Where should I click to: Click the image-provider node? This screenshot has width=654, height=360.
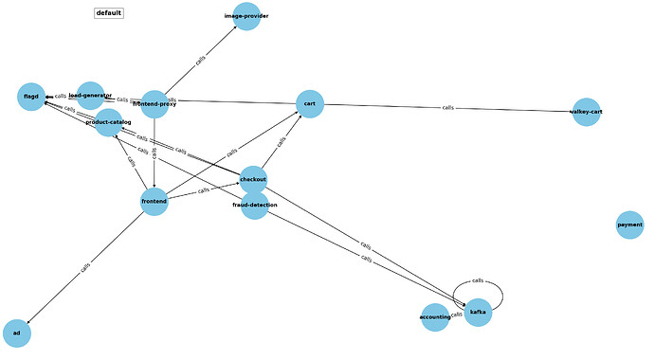pyautogui.click(x=246, y=17)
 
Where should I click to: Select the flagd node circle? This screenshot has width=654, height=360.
pyautogui.click(x=31, y=97)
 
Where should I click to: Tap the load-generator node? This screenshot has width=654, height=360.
pyautogui.click(x=90, y=95)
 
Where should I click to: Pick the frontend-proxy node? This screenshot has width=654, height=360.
pyautogui.click(x=154, y=104)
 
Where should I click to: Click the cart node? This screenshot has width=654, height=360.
pyautogui.click(x=310, y=104)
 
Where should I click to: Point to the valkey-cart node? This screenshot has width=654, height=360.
pyautogui.click(x=586, y=112)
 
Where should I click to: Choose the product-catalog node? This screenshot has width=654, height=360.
pyautogui.click(x=108, y=122)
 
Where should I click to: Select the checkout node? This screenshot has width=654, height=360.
pyautogui.click(x=253, y=180)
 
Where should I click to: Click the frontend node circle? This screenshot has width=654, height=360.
pyautogui.click(x=154, y=202)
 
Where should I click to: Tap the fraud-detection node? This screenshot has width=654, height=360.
pyautogui.click(x=254, y=206)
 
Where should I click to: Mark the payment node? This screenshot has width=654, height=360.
pyautogui.click(x=629, y=225)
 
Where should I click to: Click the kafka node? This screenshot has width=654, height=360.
pyautogui.click(x=478, y=312)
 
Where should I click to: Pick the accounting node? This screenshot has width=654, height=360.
pyautogui.click(x=435, y=317)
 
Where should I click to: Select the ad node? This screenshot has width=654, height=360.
pyautogui.click(x=17, y=333)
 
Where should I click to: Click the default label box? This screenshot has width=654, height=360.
pyautogui.click(x=109, y=13)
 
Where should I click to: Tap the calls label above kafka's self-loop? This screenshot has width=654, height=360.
pyautogui.click(x=478, y=280)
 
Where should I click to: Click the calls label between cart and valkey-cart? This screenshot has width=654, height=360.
pyautogui.click(x=447, y=108)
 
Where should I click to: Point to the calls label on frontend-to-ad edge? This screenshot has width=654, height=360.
pyautogui.click(x=85, y=267)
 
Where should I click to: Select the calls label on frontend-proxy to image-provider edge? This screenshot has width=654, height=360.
pyautogui.click(x=200, y=60)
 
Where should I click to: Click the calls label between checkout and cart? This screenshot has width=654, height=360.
pyautogui.click(x=282, y=142)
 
